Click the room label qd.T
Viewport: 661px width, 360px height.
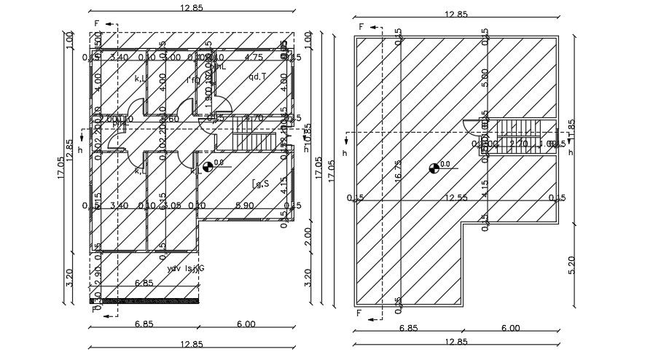click(257, 77)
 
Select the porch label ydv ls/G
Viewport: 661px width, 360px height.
click(186, 269)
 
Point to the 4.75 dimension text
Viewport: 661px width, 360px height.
click(254, 58)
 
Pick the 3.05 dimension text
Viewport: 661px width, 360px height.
click(172, 206)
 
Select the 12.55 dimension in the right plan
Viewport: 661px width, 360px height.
click(456, 197)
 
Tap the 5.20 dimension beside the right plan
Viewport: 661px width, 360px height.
click(571, 265)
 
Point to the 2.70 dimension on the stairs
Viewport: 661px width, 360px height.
click(519, 144)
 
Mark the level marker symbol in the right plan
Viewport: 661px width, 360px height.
click(435, 168)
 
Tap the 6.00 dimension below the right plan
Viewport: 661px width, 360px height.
click(509, 329)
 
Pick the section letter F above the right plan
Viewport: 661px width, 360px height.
click(361, 26)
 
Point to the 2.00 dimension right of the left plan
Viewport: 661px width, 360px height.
click(308, 235)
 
